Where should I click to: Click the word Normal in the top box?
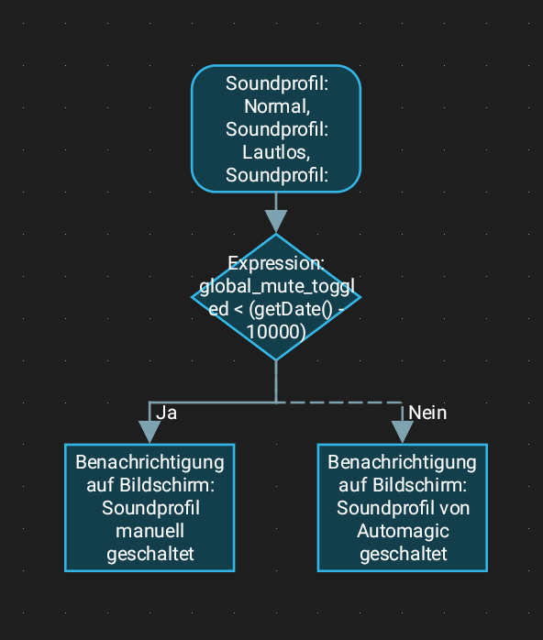(x=275, y=106)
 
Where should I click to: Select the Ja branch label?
(x=167, y=413)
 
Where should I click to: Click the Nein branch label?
(x=427, y=413)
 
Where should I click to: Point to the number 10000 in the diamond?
(x=274, y=331)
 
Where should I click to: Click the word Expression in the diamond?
(x=274, y=264)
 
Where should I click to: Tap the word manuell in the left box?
(x=150, y=531)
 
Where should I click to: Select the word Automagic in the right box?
(x=403, y=532)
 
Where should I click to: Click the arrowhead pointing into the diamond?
(x=276, y=221)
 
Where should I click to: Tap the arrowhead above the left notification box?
(x=150, y=432)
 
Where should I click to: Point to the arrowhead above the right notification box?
(x=402, y=432)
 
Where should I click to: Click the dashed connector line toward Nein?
(x=339, y=403)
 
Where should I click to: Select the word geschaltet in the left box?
(x=150, y=555)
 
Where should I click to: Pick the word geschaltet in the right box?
(x=403, y=555)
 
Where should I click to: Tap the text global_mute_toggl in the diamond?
(x=277, y=287)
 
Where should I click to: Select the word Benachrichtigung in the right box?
(x=402, y=463)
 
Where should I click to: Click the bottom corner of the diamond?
(x=276, y=360)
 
